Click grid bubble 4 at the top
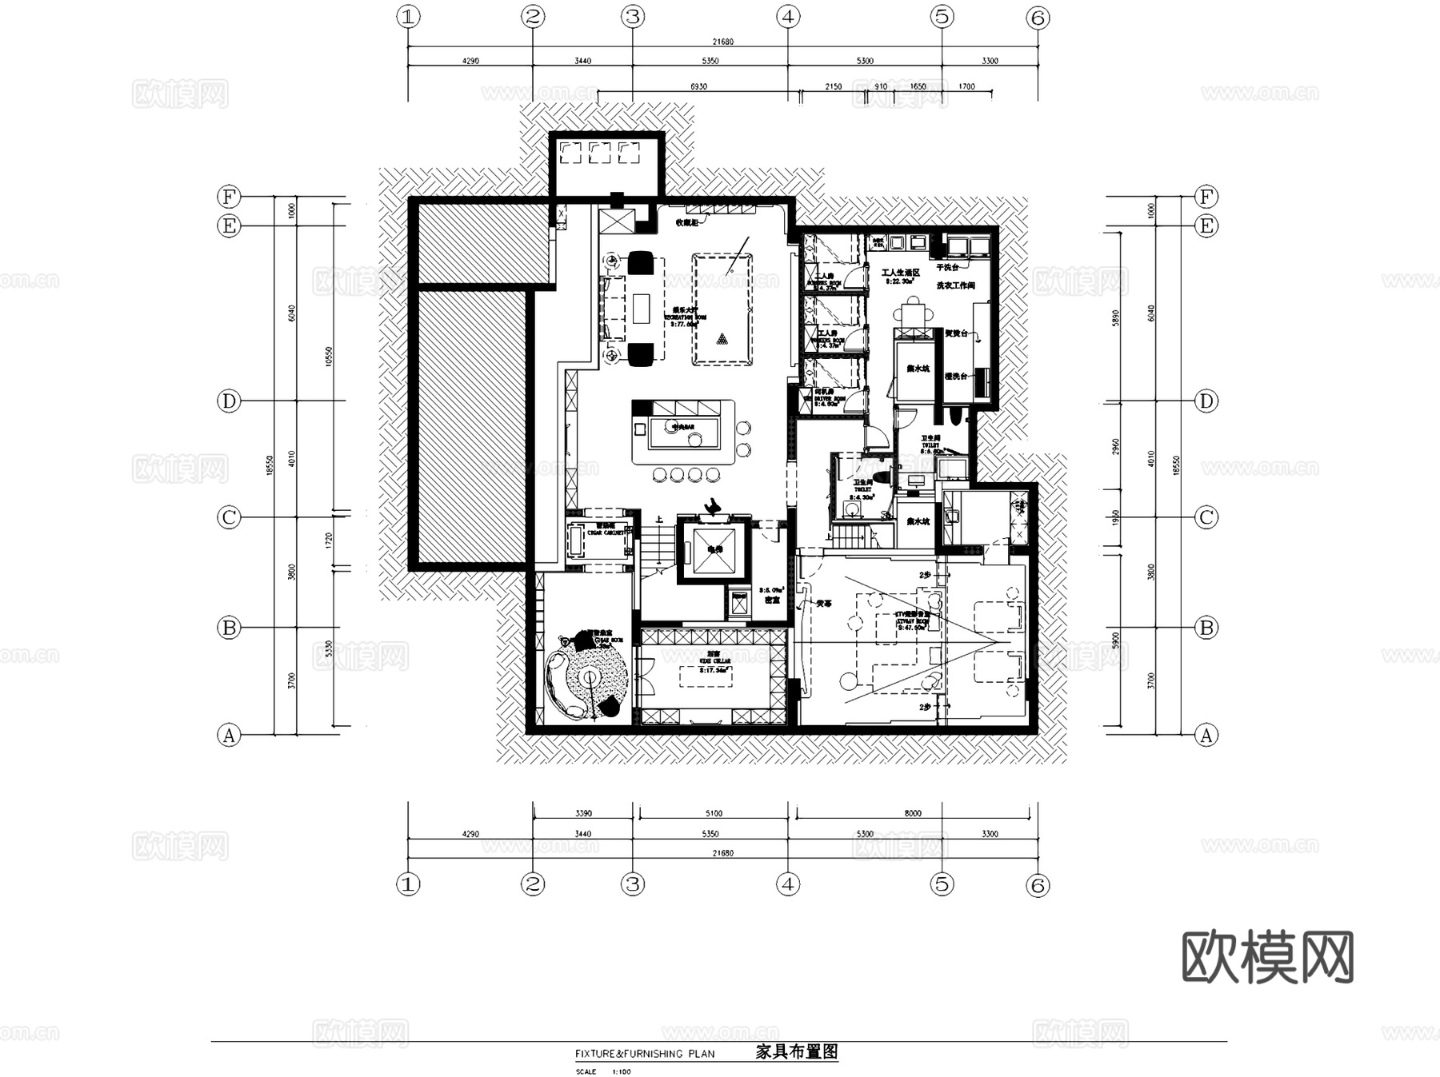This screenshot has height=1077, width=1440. coord(789,17)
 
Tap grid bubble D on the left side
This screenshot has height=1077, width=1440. coord(229,401)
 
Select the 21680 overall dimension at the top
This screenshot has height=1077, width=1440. coord(722,42)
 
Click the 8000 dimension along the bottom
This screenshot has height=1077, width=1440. coord(913,813)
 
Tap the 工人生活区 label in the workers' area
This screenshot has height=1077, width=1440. coord(900,273)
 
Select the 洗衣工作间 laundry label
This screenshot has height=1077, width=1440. coord(955,285)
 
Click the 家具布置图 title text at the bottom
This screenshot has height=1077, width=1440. coord(796,1051)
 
